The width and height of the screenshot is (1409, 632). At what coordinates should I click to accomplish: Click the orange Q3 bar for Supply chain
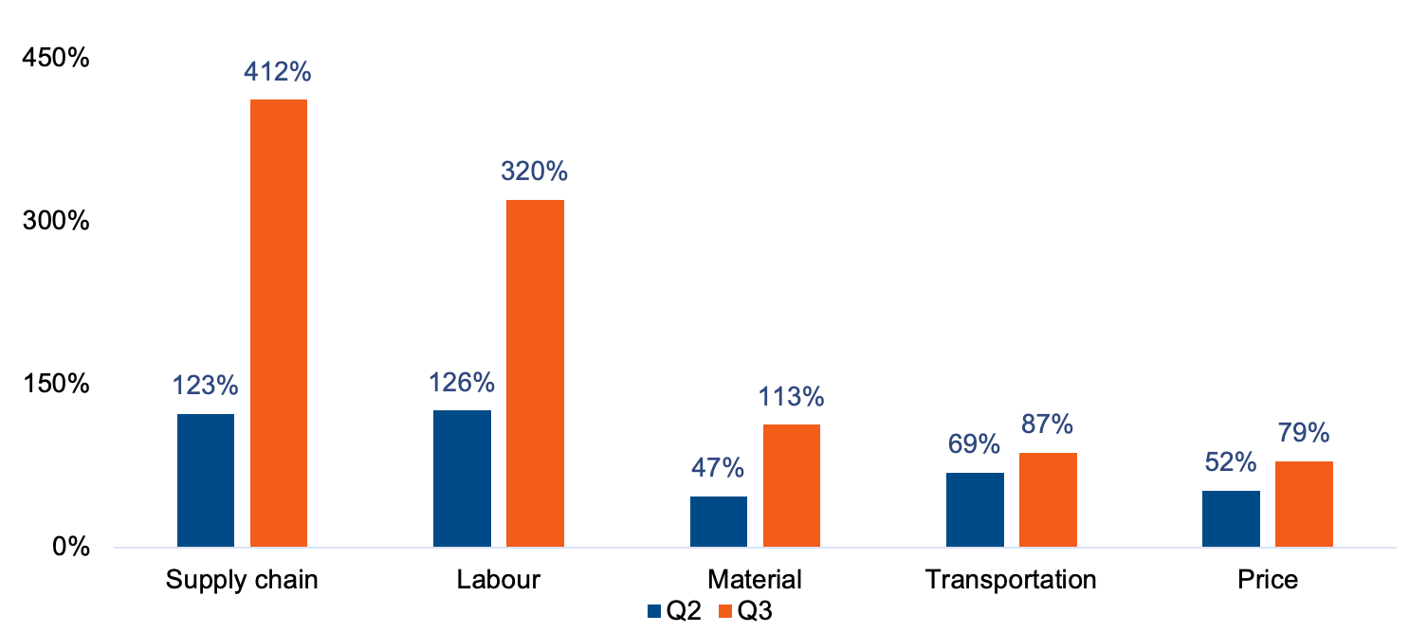point(278,323)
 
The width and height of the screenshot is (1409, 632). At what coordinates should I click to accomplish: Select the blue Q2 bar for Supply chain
point(205,480)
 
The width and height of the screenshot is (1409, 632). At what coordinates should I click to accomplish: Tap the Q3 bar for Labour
point(535,373)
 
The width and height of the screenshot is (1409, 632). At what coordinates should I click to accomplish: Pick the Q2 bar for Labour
point(462,479)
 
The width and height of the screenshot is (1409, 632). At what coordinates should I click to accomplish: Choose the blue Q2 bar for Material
point(718,521)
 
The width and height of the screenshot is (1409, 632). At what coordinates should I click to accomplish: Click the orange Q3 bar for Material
point(791,485)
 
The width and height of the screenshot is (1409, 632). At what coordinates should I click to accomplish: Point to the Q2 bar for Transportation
point(975,510)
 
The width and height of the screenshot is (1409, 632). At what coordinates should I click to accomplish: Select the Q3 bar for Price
point(1304,504)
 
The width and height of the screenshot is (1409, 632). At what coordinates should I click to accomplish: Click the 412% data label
point(278,72)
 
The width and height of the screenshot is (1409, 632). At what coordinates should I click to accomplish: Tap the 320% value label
point(535,172)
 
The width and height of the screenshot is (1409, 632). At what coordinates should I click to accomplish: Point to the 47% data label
point(718,467)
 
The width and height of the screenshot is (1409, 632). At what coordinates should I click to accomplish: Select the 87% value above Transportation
point(1047,424)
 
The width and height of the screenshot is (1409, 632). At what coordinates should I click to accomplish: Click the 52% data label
point(1231,462)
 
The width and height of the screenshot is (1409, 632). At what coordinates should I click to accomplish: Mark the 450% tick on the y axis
point(56,58)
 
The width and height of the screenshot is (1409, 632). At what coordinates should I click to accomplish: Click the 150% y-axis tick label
point(56,385)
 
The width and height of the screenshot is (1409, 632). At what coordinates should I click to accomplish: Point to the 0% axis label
point(68,548)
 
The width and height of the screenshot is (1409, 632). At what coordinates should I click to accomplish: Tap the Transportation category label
point(1011,579)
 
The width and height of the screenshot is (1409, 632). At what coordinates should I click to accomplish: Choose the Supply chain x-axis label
point(242,579)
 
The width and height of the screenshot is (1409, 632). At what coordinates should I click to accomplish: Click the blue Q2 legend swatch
point(654,611)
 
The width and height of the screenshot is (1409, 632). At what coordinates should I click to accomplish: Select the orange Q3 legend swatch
point(725,611)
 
